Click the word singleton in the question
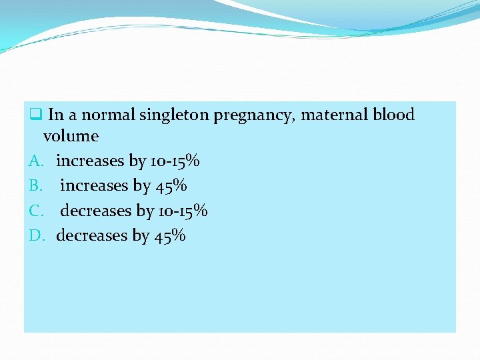(x=174, y=115)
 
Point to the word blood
(x=393, y=115)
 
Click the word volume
(x=71, y=136)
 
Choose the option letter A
(x=37, y=161)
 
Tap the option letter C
(x=37, y=211)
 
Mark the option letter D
(x=37, y=235)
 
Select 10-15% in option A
(x=174, y=161)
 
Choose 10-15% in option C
(x=183, y=211)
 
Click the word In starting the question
(x=56, y=115)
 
